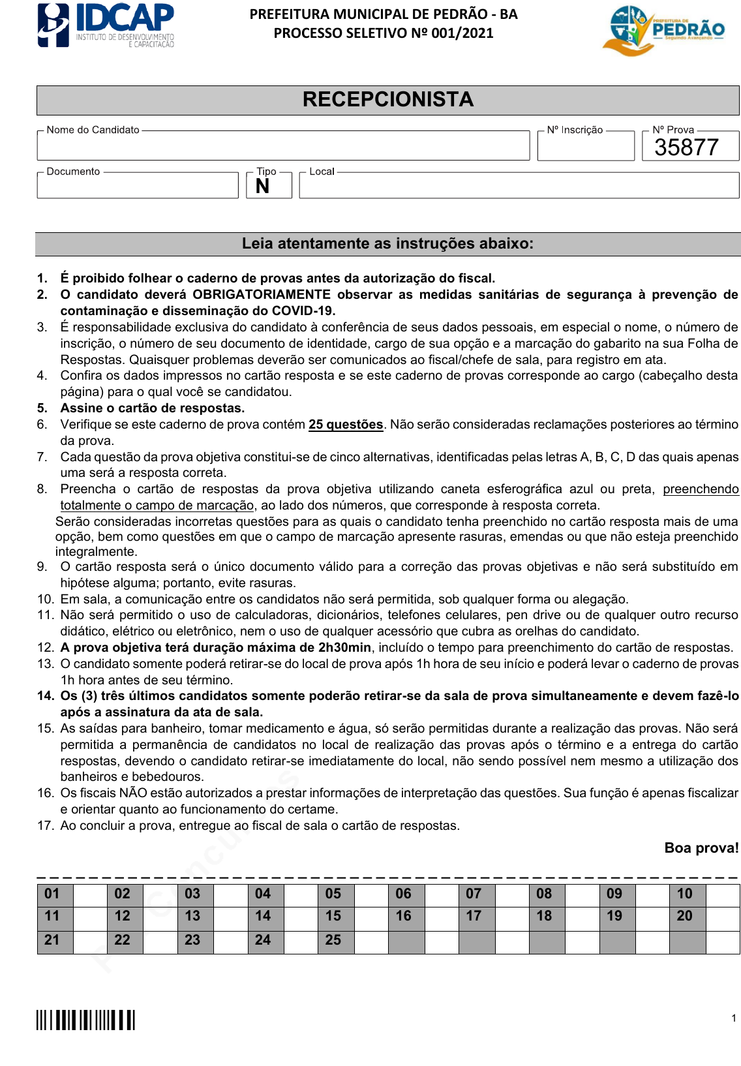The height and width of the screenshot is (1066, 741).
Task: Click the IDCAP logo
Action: pyautogui.click(x=106, y=25)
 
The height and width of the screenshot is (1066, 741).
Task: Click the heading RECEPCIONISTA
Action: pyautogui.click(x=387, y=100)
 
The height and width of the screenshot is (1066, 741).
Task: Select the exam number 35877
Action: pyautogui.click(x=686, y=147)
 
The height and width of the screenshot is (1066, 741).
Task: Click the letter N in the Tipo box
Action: pyautogui.click(x=263, y=187)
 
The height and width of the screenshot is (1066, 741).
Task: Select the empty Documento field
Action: pyautogui.click(x=138, y=187)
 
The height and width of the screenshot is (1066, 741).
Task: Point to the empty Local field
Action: pyautogui.click(x=519, y=187)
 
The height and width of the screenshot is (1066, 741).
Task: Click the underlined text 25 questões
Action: pyautogui.click(x=346, y=425)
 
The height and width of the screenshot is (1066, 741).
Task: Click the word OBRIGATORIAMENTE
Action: pyautogui.click(x=261, y=295)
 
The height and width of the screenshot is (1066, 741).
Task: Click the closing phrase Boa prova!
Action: pyautogui.click(x=701, y=848)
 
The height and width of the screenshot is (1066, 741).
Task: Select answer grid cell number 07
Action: pyautogui.click(x=474, y=894)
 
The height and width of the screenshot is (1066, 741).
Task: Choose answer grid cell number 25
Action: pyautogui.click(x=333, y=940)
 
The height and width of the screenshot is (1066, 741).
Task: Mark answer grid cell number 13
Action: pyautogui.click(x=192, y=916)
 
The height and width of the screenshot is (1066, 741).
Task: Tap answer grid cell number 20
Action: pyautogui.click(x=685, y=916)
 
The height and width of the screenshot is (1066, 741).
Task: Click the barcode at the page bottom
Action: pyautogui.click(x=85, y=1020)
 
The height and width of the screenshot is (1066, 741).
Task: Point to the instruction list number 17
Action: pyautogui.click(x=45, y=826)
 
